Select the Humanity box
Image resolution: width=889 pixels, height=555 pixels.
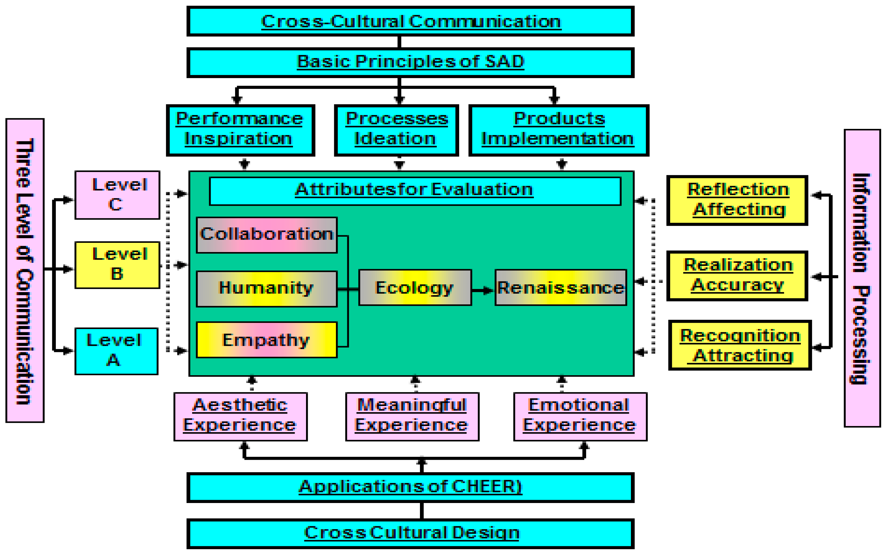click(266, 288)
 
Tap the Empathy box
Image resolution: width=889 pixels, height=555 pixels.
click(266, 340)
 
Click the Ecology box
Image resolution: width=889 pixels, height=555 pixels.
click(415, 288)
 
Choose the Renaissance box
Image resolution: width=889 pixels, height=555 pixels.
click(560, 288)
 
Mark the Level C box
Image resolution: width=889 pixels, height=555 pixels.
click(117, 195)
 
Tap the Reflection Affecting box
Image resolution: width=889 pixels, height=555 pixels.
click(737, 200)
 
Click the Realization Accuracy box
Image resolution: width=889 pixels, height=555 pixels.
click(737, 276)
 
